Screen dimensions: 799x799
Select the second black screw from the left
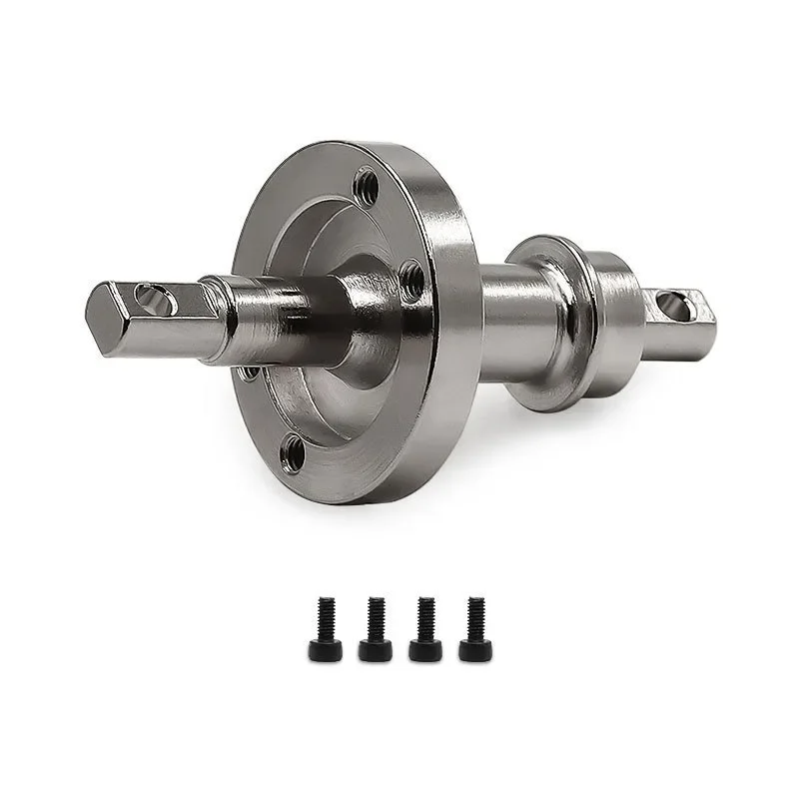pos(375,629)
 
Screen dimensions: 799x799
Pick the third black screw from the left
pos(424,629)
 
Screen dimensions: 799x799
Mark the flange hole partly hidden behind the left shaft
pos(249,373)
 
